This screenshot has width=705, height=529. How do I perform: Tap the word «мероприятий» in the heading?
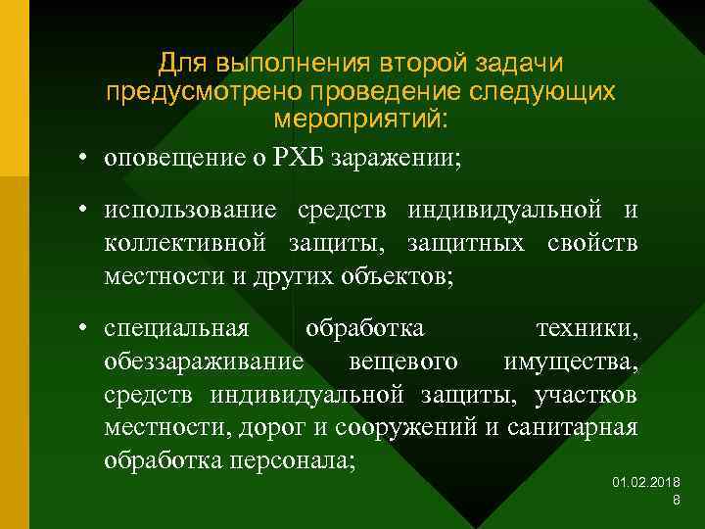359,120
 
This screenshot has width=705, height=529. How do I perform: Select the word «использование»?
184,212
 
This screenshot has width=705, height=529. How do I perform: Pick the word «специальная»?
176,331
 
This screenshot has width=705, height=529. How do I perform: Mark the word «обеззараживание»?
204,363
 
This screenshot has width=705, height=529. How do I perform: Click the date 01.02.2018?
646,484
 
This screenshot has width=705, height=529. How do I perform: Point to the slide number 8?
677,502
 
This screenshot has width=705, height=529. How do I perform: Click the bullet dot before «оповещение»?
87,158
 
